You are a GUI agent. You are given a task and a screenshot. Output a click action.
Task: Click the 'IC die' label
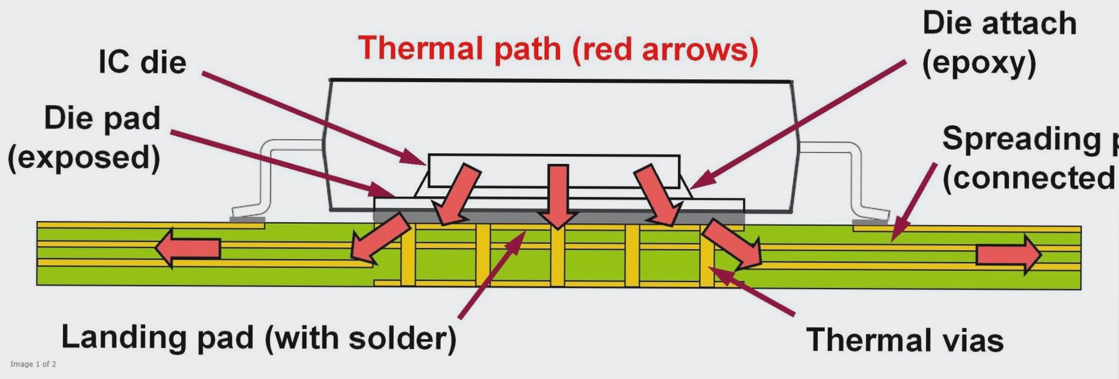[x=142, y=62]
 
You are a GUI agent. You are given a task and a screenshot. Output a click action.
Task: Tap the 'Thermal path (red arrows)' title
[x=558, y=49]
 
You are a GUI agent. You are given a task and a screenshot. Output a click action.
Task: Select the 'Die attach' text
[x=999, y=24]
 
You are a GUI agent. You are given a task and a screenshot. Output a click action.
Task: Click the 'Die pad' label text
[x=102, y=118]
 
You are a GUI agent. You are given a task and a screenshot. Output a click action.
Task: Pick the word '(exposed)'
[x=84, y=157]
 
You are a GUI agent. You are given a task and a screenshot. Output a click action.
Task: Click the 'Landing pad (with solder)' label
[x=259, y=338]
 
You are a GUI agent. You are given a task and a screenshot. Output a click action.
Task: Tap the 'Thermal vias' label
[x=904, y=340]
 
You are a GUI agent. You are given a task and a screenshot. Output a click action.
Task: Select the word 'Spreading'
[x=1021, y=139]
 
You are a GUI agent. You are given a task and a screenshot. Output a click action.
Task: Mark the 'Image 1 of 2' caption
[x=33, y=364]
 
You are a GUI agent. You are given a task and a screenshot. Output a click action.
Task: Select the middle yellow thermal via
[x=557, y=256]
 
